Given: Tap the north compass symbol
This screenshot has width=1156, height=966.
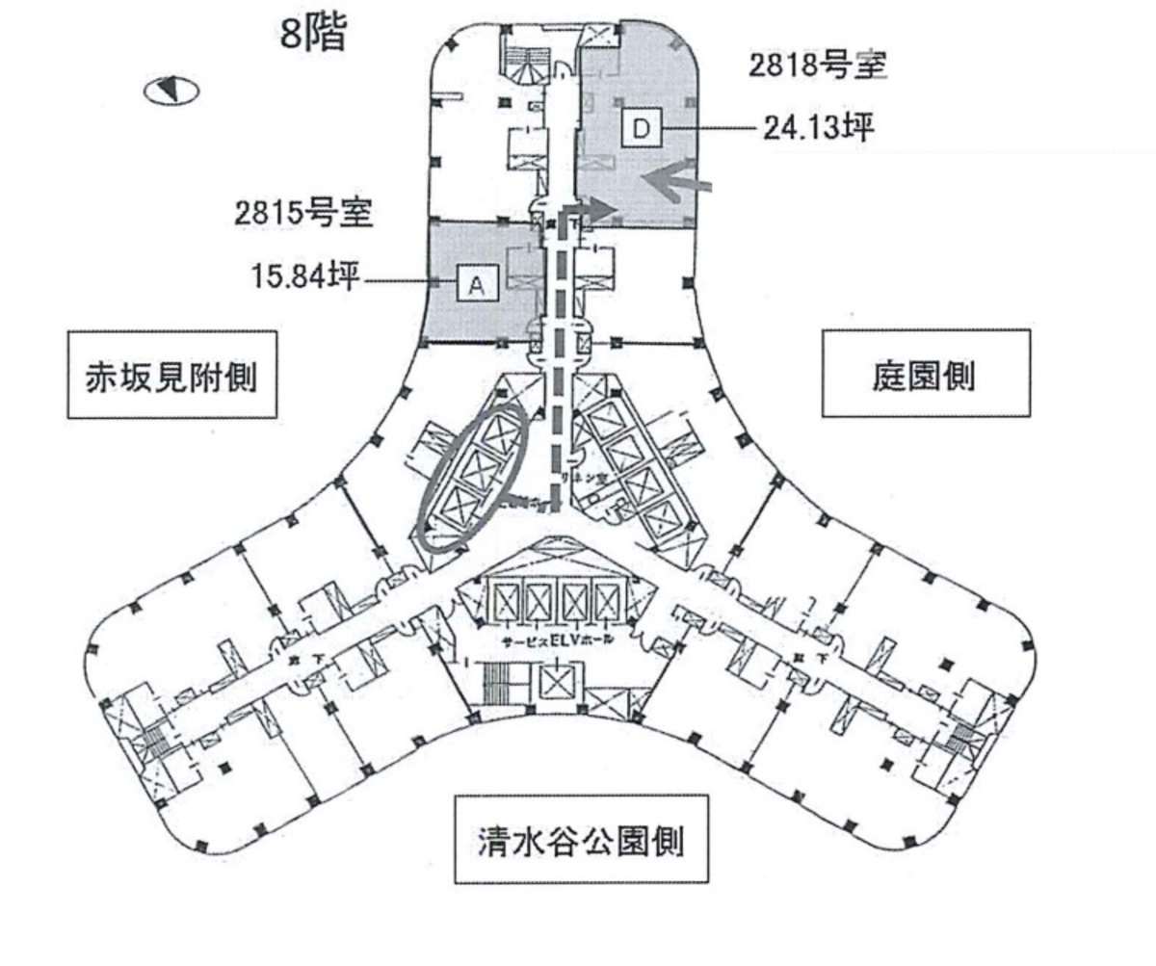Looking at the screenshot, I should click(171, 91).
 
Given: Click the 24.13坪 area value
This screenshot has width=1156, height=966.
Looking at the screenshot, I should click(818, 128).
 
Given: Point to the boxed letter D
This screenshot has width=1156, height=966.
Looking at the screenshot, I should click(642, 127).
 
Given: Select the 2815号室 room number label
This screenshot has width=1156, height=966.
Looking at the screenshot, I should click(303, 214).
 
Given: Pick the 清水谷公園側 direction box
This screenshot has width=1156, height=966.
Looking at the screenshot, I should click(581, 839).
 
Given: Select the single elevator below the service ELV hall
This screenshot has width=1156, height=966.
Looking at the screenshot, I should click(557, 687).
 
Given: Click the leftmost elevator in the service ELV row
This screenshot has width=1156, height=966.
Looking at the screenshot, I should click(503, 603).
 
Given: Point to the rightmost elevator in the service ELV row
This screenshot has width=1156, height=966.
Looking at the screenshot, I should click(609, 603).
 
